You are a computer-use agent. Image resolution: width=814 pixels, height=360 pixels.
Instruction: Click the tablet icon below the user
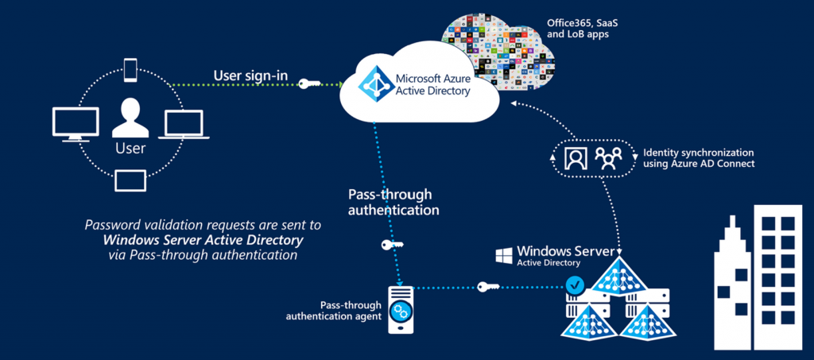pyautogui.click(x=130, y=180)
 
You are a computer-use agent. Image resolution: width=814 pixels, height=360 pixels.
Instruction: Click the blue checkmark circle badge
pyautogui.click(x=572, y=282)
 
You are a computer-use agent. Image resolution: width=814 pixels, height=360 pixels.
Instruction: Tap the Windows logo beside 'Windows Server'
pyautogui.click(x=503, y=256)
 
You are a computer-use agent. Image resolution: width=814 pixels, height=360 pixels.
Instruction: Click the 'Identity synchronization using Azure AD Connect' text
pyautogui.click(x=698, y=157)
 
